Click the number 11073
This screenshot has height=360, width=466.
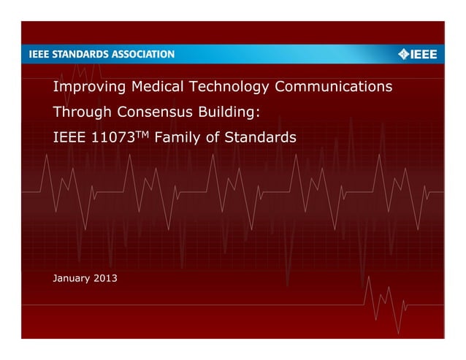110,137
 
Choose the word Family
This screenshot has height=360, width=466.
180,137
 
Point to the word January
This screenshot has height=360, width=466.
73,280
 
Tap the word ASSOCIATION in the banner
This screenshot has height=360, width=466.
143,54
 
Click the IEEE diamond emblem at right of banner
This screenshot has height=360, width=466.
403,54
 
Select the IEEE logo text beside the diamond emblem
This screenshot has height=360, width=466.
424,54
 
